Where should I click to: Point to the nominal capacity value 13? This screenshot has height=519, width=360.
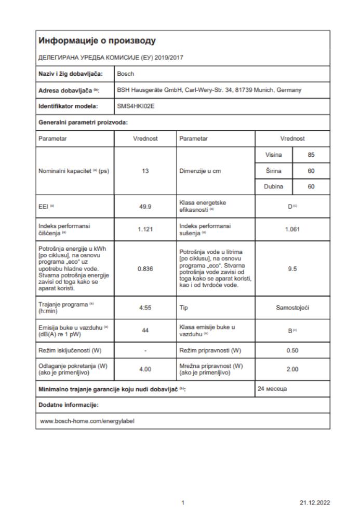tap(146, 171)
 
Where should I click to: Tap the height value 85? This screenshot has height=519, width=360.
tap(311, 155)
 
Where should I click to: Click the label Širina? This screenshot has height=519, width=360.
tap(274, 171)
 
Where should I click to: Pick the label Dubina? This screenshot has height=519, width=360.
tap(274, 187)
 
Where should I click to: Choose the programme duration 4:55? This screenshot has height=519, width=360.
tap(146, 307)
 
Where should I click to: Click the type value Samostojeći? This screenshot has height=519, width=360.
tap(292, 307)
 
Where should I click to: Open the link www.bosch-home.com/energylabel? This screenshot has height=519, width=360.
tap(87, 421)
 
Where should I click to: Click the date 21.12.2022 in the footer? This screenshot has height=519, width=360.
tap(315, 503)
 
